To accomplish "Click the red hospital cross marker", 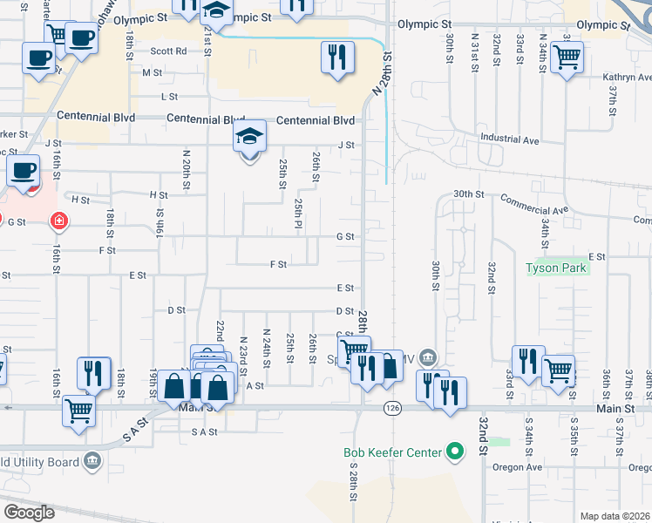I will [58, 221].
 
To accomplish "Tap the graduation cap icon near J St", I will [249, 137].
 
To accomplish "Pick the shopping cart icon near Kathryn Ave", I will [567, 58].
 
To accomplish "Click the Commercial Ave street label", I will [533, 204].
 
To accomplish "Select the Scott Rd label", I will [168, 51].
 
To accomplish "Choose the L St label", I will [168, 97].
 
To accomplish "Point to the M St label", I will [158, 73].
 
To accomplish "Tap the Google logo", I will [28, 512].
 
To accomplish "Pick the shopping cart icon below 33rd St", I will [558, 370].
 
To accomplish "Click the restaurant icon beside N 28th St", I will [336, 58].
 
